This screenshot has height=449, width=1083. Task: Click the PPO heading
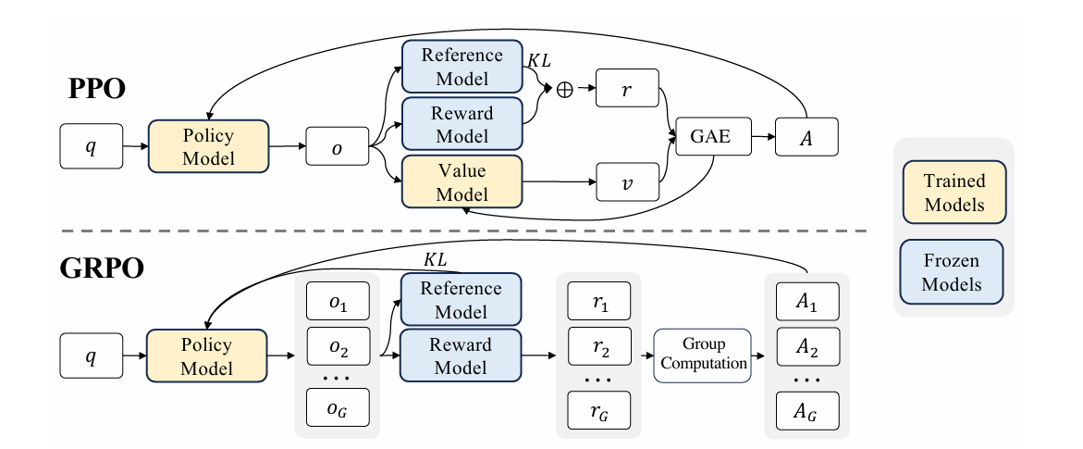coord(97,89)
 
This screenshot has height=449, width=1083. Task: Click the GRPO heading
coord(102,268)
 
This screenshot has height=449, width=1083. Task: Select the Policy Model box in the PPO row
coord(208,146)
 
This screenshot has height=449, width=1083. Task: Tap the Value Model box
coord(462,182)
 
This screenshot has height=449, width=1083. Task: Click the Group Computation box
coord(704,355)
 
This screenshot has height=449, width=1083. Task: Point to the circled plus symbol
coord(565,90)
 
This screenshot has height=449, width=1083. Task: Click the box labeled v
coord(627,182)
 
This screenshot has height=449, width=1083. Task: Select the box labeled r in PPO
coord(627,89)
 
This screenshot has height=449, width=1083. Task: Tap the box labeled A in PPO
coord(806,137)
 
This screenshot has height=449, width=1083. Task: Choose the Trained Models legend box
coord(954,193)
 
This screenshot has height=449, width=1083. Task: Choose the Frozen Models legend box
coord(952,272)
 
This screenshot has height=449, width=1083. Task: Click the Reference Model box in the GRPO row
coord(461,300)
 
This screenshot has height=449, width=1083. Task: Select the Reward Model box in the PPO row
coord(462,124)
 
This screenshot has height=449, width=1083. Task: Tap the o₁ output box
coord(338,302)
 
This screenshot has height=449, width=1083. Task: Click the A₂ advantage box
coord(807,346)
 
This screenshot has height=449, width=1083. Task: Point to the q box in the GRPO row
coord(92,355)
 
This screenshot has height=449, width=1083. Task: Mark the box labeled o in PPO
coord(337,146)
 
